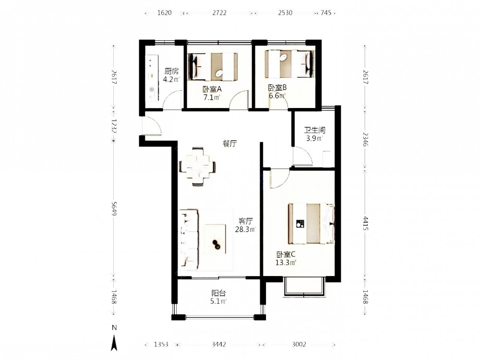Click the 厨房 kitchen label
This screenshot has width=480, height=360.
tap(171, 72)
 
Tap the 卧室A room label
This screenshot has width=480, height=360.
tap(212, 89)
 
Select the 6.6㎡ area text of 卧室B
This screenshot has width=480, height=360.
tap(277, 96)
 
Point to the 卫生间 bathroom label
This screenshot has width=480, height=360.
tap(315, 130)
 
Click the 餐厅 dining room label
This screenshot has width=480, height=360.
tap(229, 143)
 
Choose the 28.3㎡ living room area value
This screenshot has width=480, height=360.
tap(245, 229)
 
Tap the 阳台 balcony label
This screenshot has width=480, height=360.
tap(218, 293)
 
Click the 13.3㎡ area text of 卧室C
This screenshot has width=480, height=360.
tap(286, 263)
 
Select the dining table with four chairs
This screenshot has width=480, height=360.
tap(197, 167)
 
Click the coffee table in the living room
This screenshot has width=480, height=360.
tap(216, 240)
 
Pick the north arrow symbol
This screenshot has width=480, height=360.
tap(114, 343)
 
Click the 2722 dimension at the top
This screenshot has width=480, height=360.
tap(219, 13)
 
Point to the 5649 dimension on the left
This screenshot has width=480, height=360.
tap(114, 208)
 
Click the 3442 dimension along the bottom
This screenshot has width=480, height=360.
tap(219, 344)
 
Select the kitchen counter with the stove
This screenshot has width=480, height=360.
tap(152, 78)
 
